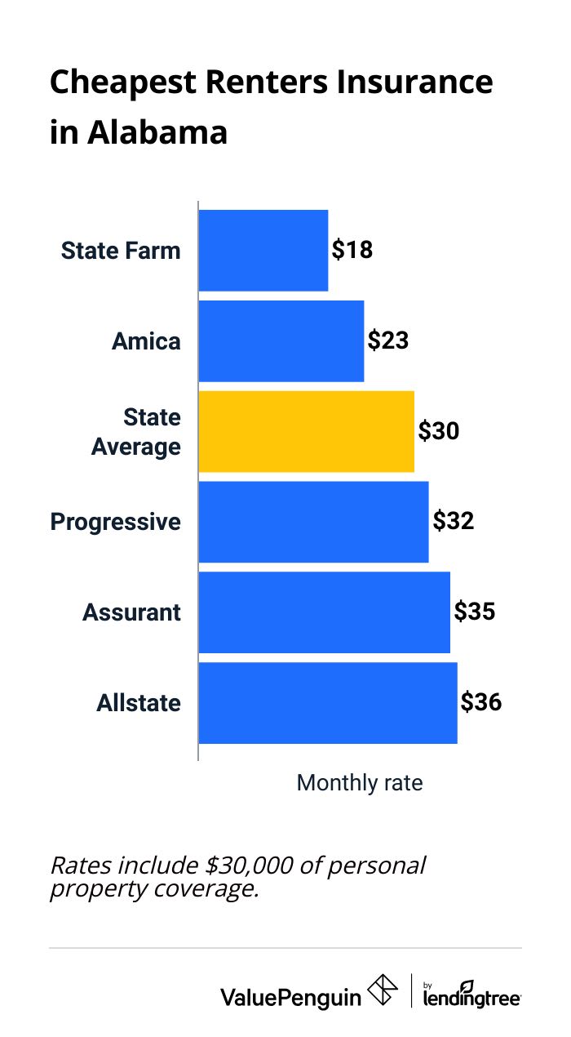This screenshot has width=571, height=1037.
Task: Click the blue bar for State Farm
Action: (263, 250)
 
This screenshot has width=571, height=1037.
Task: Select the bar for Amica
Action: (281, 340)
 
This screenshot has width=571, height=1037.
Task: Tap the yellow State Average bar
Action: (306, 431)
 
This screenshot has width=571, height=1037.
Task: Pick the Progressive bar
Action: (313, 522)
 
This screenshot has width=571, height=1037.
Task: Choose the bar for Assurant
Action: (324, 612)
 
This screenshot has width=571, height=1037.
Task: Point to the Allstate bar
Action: (327, 703)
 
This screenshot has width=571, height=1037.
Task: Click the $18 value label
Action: (352, 250)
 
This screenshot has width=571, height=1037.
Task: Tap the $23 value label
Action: (387, 340)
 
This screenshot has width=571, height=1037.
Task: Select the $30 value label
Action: (438, 431)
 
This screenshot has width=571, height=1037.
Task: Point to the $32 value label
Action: (453, 522)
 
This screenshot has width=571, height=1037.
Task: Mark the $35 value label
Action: (474, 612)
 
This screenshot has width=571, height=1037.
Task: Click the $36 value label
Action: (480, 703)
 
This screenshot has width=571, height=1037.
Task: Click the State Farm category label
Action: (121, 250)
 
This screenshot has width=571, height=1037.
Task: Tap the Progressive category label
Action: (116, 522)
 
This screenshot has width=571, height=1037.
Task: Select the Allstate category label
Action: (139, 703)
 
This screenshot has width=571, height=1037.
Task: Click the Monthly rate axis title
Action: (359, 783)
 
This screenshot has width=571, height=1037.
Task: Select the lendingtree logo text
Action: (471, 997)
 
